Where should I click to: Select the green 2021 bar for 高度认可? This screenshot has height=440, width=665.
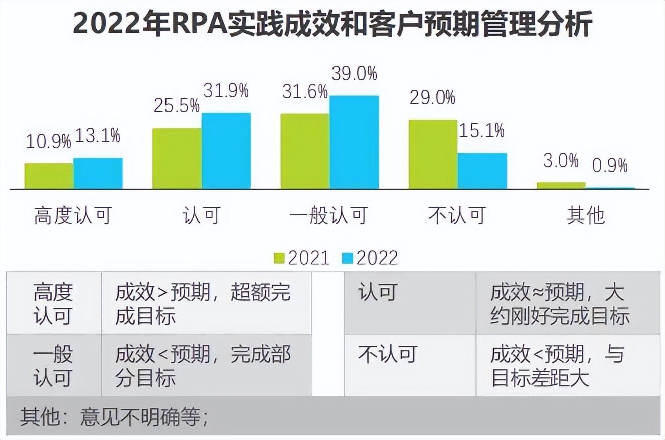[49, 176]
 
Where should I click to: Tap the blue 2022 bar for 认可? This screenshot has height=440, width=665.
[226, 151]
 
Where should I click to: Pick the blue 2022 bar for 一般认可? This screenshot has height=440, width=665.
[354, 142]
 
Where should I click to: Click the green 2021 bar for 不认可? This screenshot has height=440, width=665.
[433, 154]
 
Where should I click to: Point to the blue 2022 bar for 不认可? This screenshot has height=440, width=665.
[482, 171]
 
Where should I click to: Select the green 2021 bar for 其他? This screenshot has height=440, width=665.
[561, 185]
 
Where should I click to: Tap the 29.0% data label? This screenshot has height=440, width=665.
[432, 97]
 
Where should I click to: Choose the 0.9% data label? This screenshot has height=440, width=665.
[610, 165]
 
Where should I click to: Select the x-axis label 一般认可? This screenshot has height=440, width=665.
[329, 215]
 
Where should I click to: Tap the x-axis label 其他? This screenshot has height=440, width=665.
[586, 215]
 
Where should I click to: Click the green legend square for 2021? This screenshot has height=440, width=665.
[279, 258]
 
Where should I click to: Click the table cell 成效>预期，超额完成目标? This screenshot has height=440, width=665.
[203, 304]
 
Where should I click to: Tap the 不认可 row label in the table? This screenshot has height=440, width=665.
[388, 355]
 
